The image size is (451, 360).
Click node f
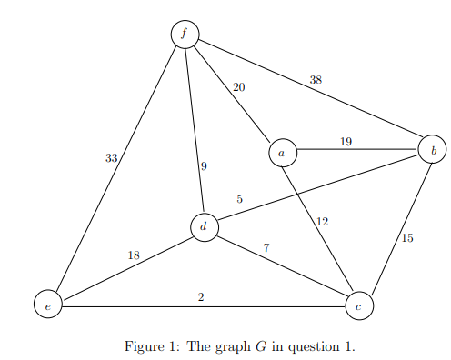pyautogui.click(x=185, y=34)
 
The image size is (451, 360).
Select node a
pyautogui.click(x=282, y=154)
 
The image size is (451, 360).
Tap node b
pyautogui.click(x=433, y=148)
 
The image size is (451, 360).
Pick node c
pyautogui.click(x=359, y=307)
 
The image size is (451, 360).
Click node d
pyautogui.click(x=205, y=227)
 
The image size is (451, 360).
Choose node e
pyautogui.click(x=47, y=307)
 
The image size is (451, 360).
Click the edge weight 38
pyautogui.click(x=316, y=80)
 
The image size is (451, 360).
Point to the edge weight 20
pyautogui.click(x=238, y=87)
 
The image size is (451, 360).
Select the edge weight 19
pyautogui.click(x=346, y=141)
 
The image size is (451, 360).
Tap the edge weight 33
pyautogui.click(x=111, y=158)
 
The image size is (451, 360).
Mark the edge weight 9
pyautogui.click(x=204, y=166)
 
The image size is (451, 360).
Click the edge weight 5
pyautogui.click(x=240, y=198)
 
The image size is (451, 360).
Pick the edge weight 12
pyautogui.click(x=322, y=222)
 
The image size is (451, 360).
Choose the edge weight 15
pyautogui.click(x=406, y=238)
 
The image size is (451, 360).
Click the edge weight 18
pyautogui.click(x=134, y=255)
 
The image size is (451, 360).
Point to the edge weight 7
pyautogui.click(x=266, y=247)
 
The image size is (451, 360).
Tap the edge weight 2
pyautogui.click(x=200, y=296)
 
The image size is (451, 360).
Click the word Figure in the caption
pyautogui.click(x=144, y=346)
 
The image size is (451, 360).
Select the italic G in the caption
pyautogui.click(x=250, y=346)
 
